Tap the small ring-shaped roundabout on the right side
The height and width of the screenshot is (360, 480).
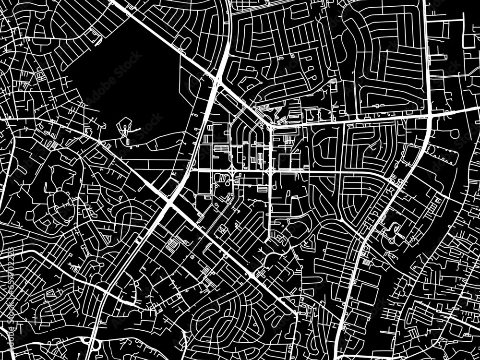pyautogui.click(x=391, y=240)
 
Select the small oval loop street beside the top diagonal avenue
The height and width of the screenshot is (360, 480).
pyautogui.click(x=185, y=43)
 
